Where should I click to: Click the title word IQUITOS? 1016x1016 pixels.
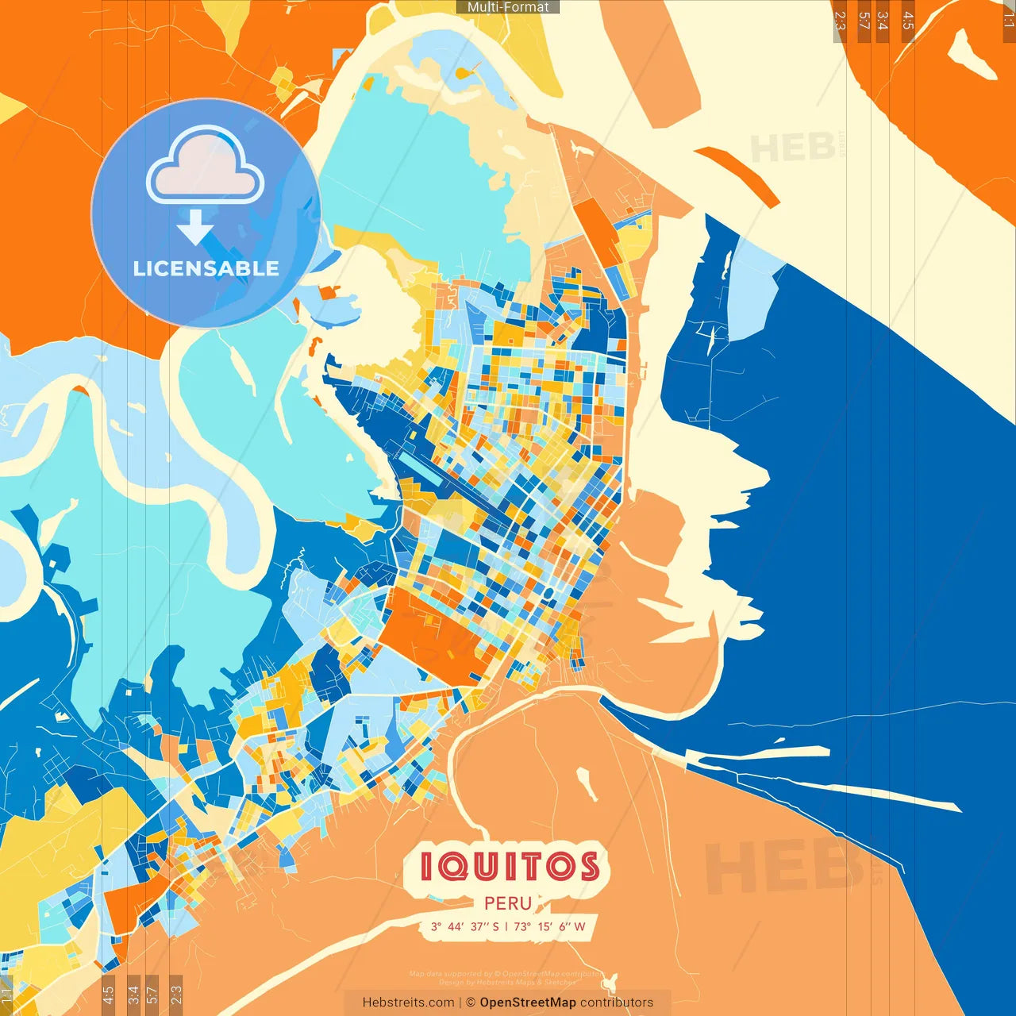(509, 867)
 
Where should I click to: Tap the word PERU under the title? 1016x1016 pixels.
(508, 903)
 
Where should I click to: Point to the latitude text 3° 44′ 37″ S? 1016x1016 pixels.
(465, 926)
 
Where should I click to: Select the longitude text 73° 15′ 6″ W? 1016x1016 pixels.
(549, 926)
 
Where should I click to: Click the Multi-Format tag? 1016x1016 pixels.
(508, 7)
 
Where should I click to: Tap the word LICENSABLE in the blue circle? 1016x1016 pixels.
(206, 268)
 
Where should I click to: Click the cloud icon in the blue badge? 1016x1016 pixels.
(205, 168)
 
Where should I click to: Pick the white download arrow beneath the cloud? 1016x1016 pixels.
(195, 227)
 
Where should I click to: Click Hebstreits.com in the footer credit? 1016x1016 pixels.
(408, 1003)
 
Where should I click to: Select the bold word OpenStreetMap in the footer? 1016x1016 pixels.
(528, 1003)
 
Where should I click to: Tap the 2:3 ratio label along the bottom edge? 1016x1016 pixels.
(176, 993)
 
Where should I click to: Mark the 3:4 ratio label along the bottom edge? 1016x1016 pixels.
(133, 993)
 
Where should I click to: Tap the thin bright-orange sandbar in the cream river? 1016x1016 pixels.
(738, 175)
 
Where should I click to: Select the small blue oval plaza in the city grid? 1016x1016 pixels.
(548, 594)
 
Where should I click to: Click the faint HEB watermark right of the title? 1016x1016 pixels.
(782, 865)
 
